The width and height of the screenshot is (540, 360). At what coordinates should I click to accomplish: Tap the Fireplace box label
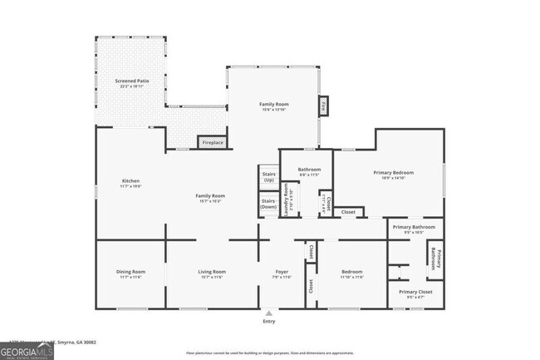(x=213, y=143)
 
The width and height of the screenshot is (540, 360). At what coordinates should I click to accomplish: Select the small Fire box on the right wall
(x=322, y=106)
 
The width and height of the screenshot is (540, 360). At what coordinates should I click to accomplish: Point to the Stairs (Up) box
(x=268, y=177)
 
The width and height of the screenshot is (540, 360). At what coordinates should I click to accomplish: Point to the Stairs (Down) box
(x=268, y=204)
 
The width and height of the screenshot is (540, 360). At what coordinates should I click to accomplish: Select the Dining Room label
(x=130, y=272)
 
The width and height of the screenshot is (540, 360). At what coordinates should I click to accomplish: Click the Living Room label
(x=211, y=272)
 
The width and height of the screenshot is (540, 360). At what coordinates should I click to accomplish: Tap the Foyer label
(x=282, y=272)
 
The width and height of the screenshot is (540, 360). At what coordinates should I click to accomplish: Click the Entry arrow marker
(x=268, y=313)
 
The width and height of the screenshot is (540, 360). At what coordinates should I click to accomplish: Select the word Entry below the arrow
(x=268, y=321)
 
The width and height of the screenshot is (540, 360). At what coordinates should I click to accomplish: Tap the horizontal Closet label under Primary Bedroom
(x=349, y=213)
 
